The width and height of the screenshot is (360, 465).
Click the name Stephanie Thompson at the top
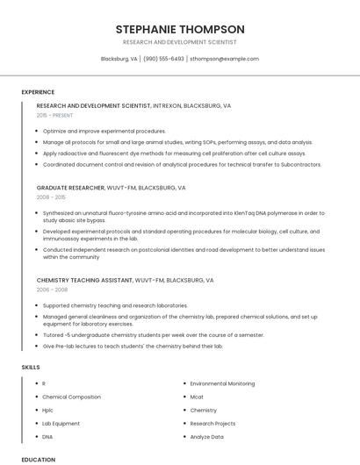pos(180,29)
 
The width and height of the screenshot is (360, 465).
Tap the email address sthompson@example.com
pos(224,59)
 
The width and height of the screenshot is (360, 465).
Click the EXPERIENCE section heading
pos(38,92)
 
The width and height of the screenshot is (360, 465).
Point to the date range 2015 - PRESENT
pos(55,115)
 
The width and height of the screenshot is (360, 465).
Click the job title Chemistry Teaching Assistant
pos(83,280)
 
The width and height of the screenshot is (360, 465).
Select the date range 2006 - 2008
pos(52,290)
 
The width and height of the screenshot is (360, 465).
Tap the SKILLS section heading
pos(30,366)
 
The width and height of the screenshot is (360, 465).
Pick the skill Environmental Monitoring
pos(222,383)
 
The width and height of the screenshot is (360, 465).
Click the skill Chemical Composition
pos(72,397)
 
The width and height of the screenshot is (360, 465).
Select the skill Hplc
pos(47,410)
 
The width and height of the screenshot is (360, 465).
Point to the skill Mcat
pos(197,397)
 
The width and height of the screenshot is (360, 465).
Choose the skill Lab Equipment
pos(61,423)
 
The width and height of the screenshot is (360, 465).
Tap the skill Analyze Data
pos(207,436)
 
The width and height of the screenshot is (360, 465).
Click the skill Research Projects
pos(213,423)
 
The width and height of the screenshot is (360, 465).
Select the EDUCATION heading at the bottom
pos(38,460)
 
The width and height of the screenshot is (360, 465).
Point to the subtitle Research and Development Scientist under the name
pos(180,42)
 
